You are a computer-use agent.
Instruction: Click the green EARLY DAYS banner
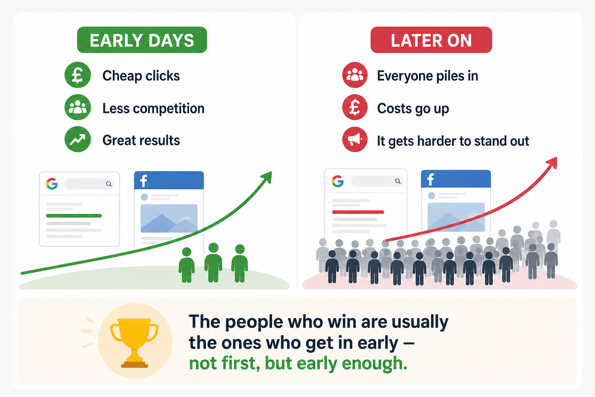click(x=142, y=40)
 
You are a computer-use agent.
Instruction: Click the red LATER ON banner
click(x=431, y=40)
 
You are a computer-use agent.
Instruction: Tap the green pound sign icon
click(x=77, y=75)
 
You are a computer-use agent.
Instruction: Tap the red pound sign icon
click(x=355, y=107)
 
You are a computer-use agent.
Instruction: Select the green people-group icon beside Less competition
click(x=77, y=107)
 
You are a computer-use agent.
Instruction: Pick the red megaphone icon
click(x=355, y=140)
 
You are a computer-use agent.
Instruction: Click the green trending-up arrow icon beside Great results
click(x=77, y=139)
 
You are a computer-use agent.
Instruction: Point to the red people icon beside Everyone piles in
click(x=355, y=75)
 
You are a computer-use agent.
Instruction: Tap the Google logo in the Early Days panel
click(x=52, y=184)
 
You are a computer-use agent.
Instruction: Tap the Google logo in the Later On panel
click(x=338, y=181)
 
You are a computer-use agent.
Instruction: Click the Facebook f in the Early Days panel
click(x=144, y=181)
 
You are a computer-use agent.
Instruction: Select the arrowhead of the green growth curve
click(x=267, y=177)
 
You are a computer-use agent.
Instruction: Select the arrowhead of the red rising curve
click(x=552, y=163)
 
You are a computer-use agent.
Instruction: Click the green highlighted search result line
click(x=74, y=216)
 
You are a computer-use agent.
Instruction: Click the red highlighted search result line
click(x=358, y=212)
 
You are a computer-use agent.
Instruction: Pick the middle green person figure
click(x=213, y=263)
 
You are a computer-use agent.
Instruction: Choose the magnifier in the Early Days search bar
click(x=109, y=184)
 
